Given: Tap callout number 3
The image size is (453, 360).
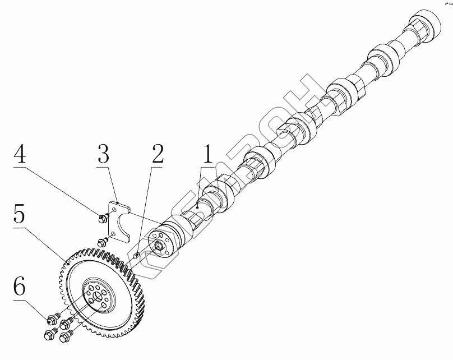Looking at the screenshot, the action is click(103, 154).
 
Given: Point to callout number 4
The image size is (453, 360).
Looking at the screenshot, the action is click(20, 153).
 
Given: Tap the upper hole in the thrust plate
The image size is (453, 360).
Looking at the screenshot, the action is click(115, 209).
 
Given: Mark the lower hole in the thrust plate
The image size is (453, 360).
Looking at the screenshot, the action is click(113, 232).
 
